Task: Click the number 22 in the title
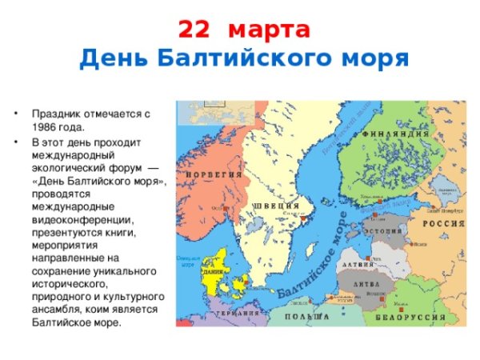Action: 196,30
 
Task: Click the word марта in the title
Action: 269,30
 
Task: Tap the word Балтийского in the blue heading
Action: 254,58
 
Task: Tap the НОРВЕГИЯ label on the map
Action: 214,174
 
